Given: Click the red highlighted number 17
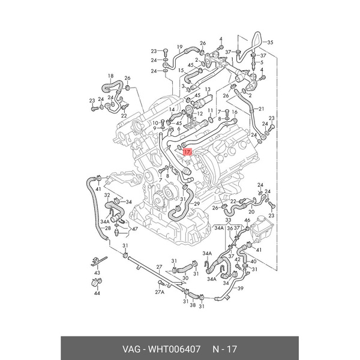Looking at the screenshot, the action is coord(187,152).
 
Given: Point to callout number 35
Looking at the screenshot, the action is coord(269,42).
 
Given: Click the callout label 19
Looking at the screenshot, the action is coord(179,46).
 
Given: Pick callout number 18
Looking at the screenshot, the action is coord(110,76).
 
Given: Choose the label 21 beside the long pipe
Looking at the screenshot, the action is coord(260,109).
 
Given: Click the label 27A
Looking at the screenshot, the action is coord(159,292).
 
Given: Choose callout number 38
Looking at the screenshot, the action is coord(192,305).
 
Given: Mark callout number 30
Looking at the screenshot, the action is coord(185,278).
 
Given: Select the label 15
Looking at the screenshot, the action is coord(181,71).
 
